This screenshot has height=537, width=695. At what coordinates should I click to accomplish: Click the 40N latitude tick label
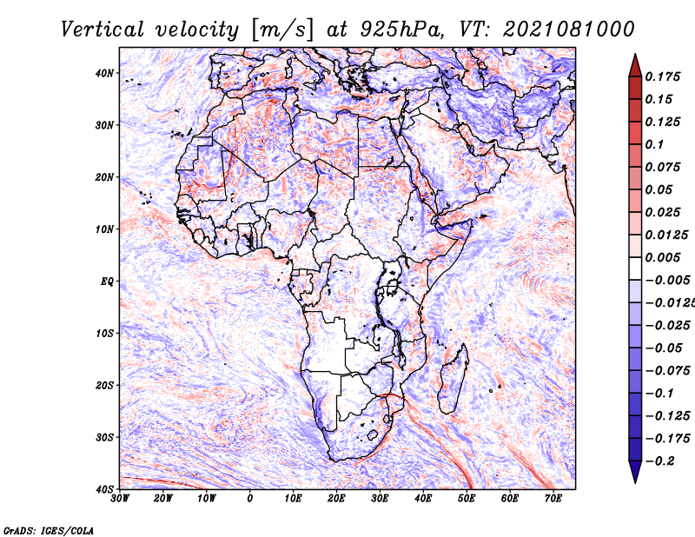tap(104, 73)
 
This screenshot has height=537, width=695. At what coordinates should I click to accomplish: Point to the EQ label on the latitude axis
tap(107, 282)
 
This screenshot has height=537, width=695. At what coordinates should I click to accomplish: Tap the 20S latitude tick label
tap(104, 385)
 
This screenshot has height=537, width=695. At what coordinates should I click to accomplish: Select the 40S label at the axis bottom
tap(104, 489)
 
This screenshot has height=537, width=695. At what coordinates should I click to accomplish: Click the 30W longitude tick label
tap(120, 499)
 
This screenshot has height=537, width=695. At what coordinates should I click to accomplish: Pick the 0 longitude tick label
tap(249, 499)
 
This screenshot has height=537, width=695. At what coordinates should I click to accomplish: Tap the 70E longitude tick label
tap(553, 499)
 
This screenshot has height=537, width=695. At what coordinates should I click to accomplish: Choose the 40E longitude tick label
tap(423, 499)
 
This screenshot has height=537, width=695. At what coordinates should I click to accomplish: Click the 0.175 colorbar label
tap(663, 77)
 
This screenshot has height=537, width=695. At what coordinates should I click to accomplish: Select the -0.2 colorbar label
tap(659, 461)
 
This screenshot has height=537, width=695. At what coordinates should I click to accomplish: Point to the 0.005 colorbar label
tap(663, 257)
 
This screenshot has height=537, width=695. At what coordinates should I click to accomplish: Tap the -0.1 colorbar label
tap(659, 394)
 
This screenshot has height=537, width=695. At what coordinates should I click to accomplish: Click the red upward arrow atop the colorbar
tap(635, 66)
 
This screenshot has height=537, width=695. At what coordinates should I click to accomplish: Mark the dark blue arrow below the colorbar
tap(635, 472)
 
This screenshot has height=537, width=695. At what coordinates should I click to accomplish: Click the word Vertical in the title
tap(103, 30)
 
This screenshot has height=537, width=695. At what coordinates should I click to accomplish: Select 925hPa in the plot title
tap(401, 30)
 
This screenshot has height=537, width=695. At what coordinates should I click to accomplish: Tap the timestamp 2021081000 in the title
tap(569, 30)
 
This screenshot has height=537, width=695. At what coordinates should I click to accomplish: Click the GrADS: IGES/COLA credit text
tap(49, 531)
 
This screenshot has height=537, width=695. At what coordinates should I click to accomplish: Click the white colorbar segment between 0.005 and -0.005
tap(635, 268)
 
